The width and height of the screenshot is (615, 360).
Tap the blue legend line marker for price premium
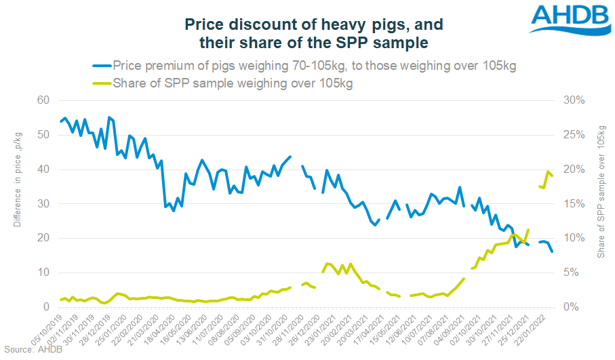point(101,66)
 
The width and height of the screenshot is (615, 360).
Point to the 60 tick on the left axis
point(43,100)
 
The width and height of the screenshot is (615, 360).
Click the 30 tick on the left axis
point(43,203)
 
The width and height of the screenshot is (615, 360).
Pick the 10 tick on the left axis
point(43,273)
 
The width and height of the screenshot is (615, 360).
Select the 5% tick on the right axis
point(572,273)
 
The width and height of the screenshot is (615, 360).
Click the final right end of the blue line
point(552,252)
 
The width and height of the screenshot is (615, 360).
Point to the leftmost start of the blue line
point(60,122)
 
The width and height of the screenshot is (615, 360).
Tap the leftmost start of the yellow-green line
point(60,299)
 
